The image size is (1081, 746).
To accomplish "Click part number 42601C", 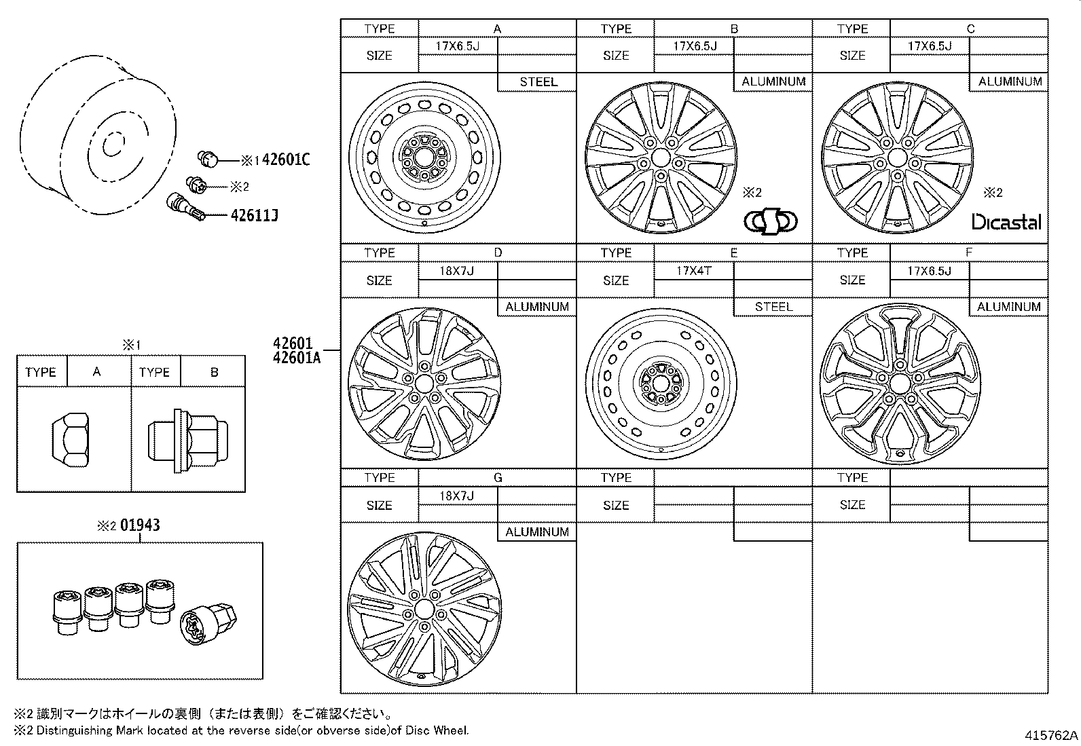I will tap(285, 160).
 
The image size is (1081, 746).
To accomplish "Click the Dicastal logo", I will tap(1006, 222).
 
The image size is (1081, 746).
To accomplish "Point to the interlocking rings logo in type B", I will tap(771, 221).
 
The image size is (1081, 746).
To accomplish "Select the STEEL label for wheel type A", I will tap(538, 82).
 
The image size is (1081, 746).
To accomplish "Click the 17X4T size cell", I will tap(693, 271).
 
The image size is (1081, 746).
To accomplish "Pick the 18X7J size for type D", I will tap(457, 271).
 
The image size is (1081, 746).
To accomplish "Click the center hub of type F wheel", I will tap(900, 384).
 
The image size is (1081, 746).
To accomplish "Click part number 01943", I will tap(140, 525).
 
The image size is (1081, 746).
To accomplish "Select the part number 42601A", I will tap(296, 358).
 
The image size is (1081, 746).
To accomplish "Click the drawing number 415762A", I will tap(1052, 735).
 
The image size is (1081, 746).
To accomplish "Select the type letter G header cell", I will tap(497, 478).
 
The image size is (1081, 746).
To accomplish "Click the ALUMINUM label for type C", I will tap(1010, 81).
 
